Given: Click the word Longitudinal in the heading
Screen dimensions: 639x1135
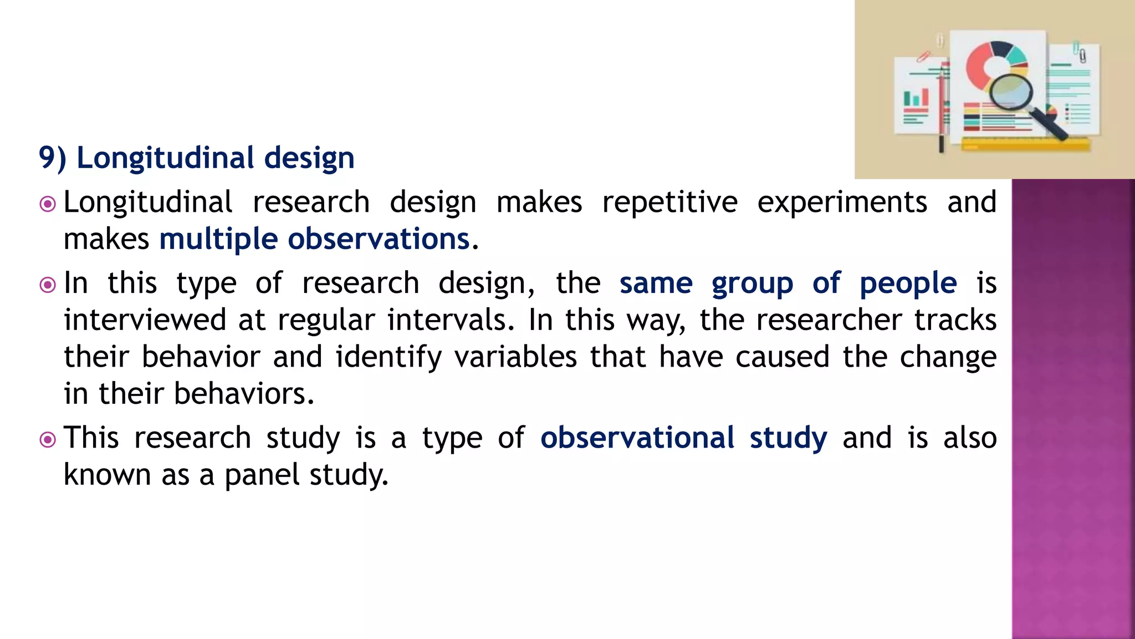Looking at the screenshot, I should pos(165,158).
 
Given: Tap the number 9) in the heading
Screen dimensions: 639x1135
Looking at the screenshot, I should pos(53,158).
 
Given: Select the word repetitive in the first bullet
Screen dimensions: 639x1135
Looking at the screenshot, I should pos(669,202).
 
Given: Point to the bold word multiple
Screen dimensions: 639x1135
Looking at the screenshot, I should pos(218,240).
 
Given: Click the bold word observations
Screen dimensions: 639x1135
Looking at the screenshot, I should pos(379,240).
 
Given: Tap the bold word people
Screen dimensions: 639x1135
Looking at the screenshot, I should pos(908,283).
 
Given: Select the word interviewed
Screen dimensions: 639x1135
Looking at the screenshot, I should pos(145,320).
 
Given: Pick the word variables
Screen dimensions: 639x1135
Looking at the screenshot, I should pos(515,357).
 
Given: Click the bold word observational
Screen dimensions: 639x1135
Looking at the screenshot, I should pos(637,438).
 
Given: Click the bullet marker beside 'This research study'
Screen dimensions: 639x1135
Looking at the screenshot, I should pos(48,440).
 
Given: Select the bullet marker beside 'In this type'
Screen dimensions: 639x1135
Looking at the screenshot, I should pos(48,285).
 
